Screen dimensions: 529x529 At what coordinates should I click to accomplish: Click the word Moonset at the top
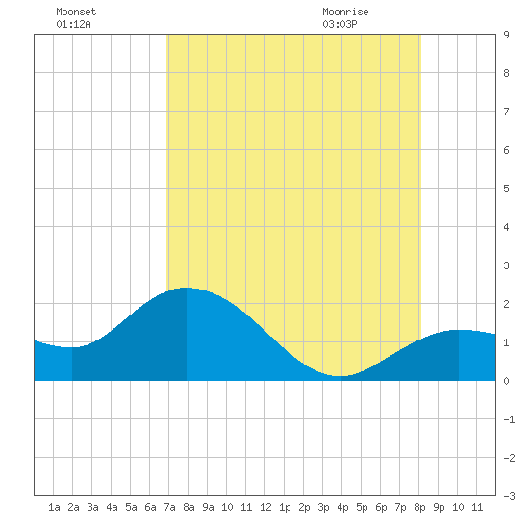coord(76,13)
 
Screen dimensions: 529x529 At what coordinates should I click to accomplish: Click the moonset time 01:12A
coord(73,25)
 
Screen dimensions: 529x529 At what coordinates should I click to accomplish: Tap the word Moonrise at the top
coord(345,13)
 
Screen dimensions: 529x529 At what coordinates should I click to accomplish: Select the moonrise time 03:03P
coord(340,25)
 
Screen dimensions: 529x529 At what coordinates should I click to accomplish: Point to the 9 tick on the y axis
coord(506,35)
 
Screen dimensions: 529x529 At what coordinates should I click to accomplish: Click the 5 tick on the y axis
coord(506,189)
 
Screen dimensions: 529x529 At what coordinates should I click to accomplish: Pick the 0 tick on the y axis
coord(506,381)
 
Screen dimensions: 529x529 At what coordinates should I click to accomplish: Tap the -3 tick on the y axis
coord(509,496)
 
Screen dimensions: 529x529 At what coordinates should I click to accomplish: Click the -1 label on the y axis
coord(509,419)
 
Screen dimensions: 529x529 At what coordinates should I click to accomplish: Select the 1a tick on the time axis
coord(54,507)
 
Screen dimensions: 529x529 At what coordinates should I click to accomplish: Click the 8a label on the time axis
coord(189,507)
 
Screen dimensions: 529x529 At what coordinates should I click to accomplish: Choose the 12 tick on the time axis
coord(265,507)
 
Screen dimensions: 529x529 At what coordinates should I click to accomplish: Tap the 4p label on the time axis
coord(342,507)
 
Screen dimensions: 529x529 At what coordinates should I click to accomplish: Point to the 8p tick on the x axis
coord(419,507)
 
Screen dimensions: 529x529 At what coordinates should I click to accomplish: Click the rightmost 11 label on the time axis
coord(477,507)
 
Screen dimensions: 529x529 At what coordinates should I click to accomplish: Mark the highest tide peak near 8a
coord(187,288)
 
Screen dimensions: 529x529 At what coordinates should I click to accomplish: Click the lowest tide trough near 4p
coord(341,376)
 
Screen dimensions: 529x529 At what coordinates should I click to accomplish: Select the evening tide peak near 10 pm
coord(459,330)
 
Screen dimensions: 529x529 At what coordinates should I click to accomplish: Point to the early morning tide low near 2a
coord(72,347)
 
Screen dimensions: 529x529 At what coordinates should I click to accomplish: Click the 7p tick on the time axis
coord(400,507)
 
